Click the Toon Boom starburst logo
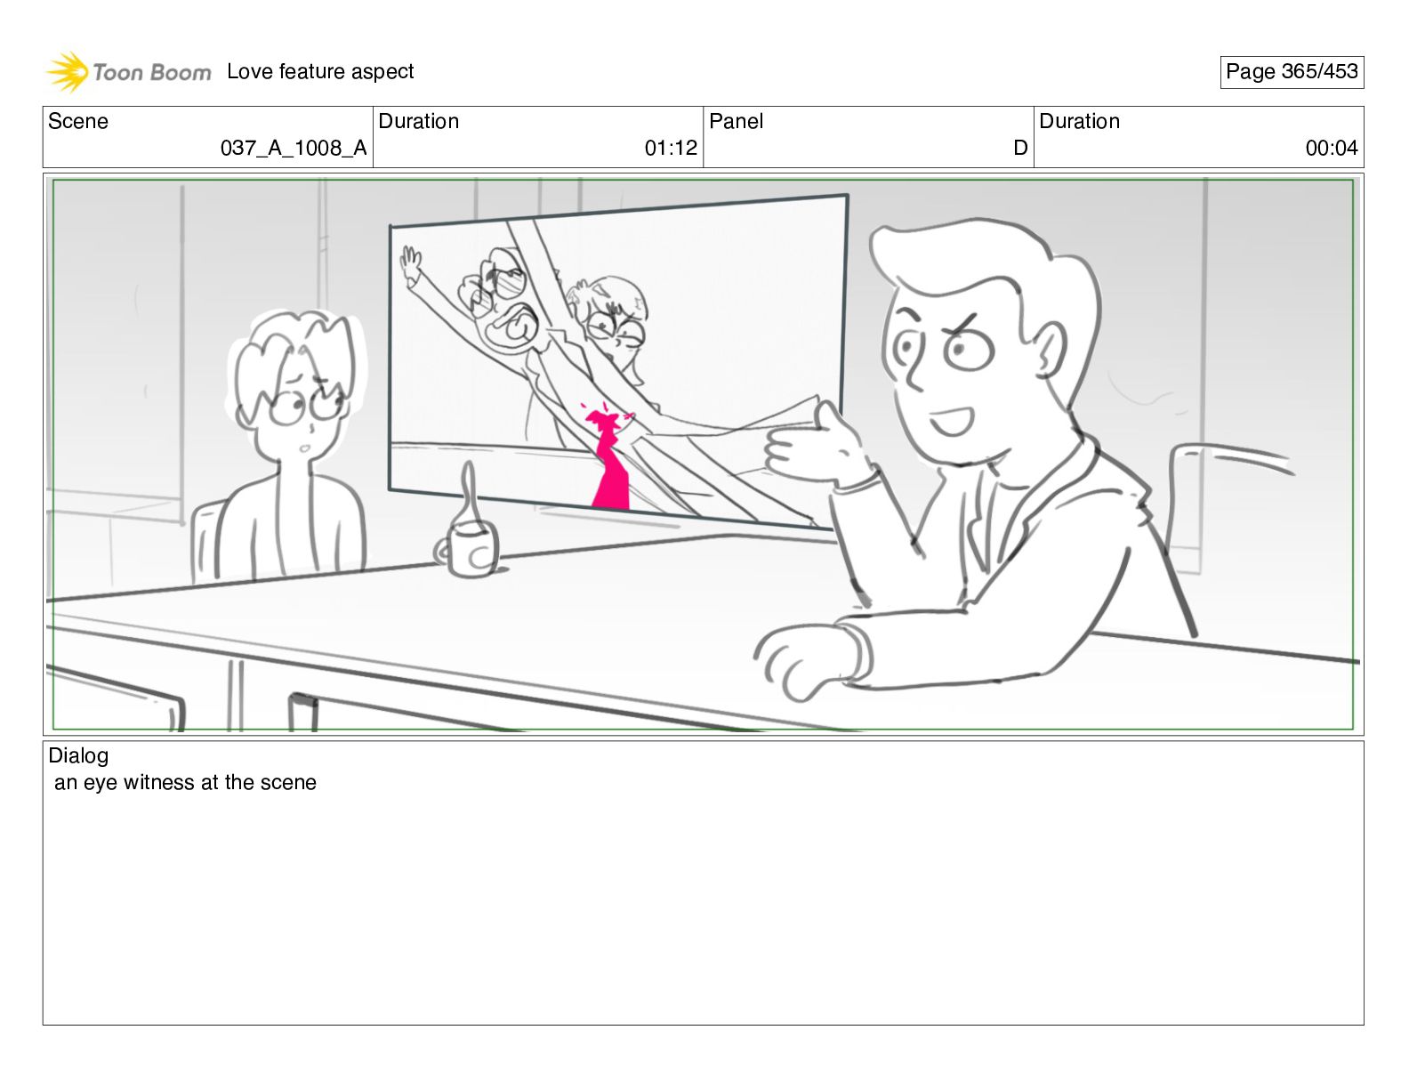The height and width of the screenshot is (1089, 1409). click(67, 71)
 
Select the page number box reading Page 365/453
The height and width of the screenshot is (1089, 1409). click(1291, 72)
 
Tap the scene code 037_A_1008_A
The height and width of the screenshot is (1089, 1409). click(294, 149)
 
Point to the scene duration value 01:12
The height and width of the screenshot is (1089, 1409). click(671, 149)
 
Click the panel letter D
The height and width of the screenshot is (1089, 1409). click(1020, 149)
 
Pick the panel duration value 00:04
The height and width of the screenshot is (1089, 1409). click(1332, 149)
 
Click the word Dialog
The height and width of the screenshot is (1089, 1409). click(78, 755)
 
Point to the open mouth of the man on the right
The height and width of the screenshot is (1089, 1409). click(951, 423)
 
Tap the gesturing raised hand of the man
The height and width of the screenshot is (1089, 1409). click(814, 448)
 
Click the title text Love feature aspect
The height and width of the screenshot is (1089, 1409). click(320, 71)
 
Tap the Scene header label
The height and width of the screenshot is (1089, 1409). click(77, 121)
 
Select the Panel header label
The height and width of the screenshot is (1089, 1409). click(736, 121)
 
